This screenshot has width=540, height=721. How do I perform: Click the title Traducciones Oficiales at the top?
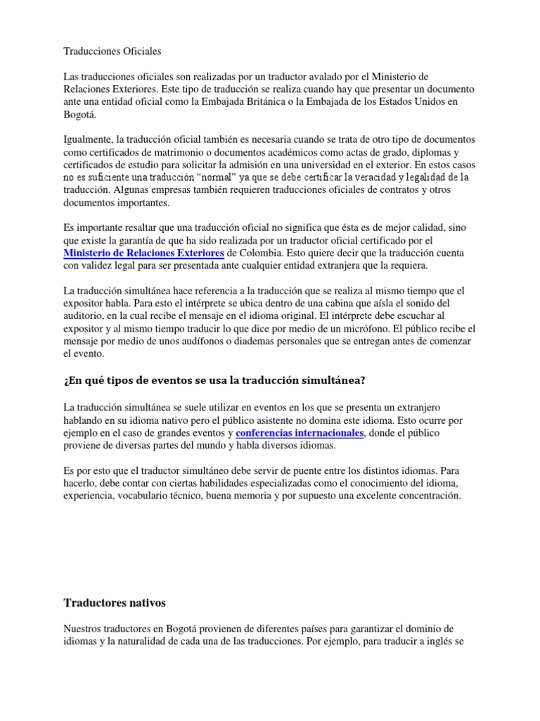tap(112, 51)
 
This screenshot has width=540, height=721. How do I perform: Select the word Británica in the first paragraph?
tap(327, 103)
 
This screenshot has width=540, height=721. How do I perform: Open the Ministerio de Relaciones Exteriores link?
tap(144, 253)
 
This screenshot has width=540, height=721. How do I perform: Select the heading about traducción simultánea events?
tap(214, 381)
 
